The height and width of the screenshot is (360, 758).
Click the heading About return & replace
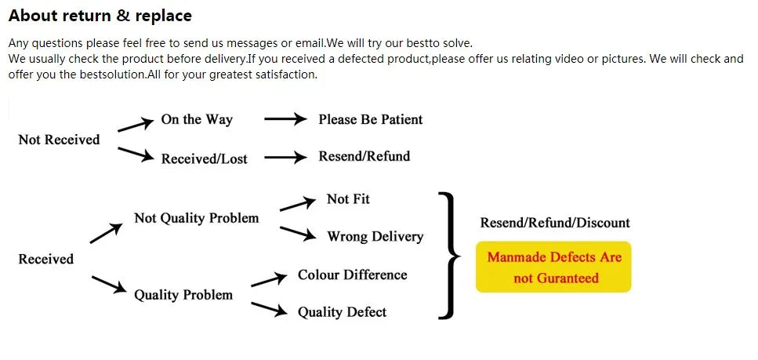[100, 16]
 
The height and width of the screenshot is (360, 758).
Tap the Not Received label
[59, 140]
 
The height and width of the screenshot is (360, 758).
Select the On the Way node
[197, 119]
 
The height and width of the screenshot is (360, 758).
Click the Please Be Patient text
[370, 119]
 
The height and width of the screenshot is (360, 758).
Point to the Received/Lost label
[204, 158]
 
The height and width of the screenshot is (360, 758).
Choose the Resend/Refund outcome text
[364, 156]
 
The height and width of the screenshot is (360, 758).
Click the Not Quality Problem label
[196, 218]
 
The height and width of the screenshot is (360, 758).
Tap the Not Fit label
[348, 199]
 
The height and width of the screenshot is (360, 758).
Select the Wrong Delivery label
[375, 236]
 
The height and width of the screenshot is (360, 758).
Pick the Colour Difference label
[352, 275]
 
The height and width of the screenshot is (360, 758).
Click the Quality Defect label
[342, 312]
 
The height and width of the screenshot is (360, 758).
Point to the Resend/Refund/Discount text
[555, 223]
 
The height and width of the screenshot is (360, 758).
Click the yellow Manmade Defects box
[553, 267]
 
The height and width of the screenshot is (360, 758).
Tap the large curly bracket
[449, 256]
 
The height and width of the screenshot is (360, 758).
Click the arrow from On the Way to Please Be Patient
[285, 119]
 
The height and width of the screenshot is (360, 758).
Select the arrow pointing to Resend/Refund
[285, 157]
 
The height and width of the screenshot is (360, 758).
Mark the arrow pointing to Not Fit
[297, 204]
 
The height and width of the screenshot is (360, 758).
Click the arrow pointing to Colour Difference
[269, 280]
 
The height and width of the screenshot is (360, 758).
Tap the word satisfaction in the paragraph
[282, 75]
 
